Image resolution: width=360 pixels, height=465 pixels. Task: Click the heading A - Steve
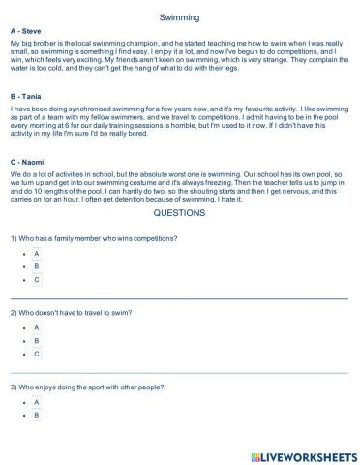coord(27,32)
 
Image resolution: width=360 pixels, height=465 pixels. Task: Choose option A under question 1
coord(37,252)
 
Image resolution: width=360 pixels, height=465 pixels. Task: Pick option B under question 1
coord(37,265)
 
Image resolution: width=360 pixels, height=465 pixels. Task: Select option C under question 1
coord(37,279)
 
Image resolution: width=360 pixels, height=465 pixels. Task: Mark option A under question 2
coord(37,327)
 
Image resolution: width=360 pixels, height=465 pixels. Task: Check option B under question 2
coord(37,341)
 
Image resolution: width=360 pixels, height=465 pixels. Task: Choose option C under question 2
coord(37,355)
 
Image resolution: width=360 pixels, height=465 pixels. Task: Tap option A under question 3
coord(37,402)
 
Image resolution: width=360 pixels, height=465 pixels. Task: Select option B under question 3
coord(37,416)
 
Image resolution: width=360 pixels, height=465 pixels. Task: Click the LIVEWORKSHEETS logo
coord(303,454)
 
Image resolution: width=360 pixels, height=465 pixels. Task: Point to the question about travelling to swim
coord(72,313)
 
